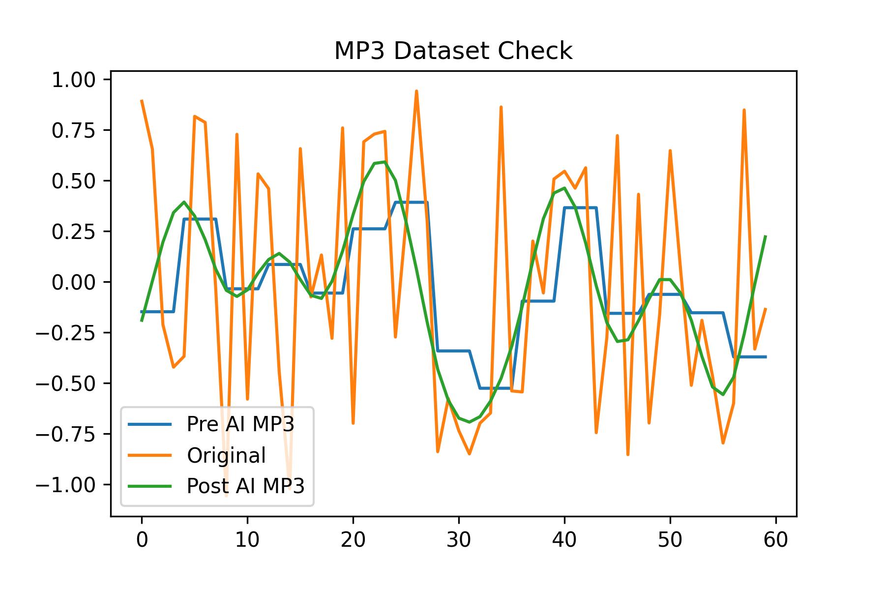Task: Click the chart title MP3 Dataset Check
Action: tap(453, 51)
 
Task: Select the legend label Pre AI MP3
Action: tap(240, 424)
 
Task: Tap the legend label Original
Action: tap(226, 455)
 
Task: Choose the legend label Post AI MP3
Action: tap(246, 486)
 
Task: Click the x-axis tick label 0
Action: tap(142, 540)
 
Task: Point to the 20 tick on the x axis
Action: tap(353, 540)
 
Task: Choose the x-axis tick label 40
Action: tap(564, 540)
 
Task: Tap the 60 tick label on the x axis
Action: tap(776, 540)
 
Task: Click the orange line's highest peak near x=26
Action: tap(416, 91)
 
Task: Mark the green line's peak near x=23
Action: tap(384, 162)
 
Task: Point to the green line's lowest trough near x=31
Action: tap(470, 422)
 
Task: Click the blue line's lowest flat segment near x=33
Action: tap(496, 388)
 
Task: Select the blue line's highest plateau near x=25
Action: tap(411, 202)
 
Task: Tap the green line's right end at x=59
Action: tap(766, 236)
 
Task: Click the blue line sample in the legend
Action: tap(150, 424)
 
